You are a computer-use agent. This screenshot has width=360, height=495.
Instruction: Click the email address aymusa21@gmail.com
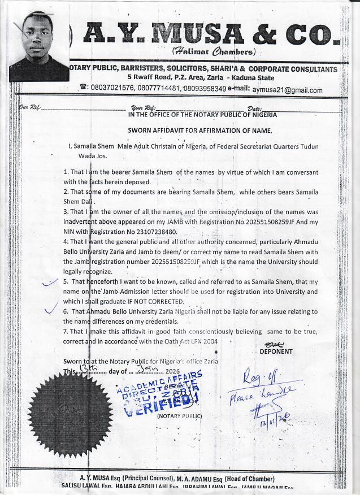coord(287,90)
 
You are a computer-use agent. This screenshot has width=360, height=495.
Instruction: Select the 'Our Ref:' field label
coord(28,107)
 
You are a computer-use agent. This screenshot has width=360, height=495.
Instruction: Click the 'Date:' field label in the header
coord(254,108)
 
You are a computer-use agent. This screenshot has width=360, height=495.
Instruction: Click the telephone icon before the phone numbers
coord(83,88)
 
